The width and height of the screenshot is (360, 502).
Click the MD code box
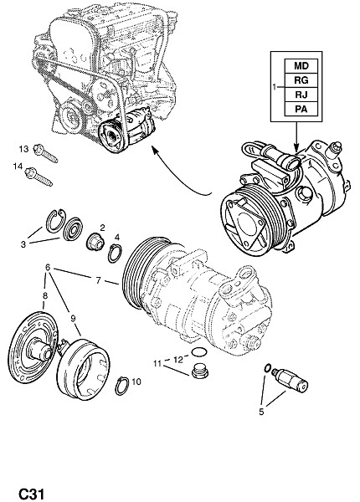[x=301, y=66]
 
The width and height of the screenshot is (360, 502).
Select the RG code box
[x=301, y=80]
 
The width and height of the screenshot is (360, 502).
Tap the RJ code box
[x=301, y=95]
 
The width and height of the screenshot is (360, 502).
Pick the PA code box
[x=301, y=109]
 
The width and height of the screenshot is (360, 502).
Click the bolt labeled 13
[x=45, y=153]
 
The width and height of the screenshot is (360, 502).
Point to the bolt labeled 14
[x=39, y=177]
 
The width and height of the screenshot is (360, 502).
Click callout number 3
[x=23, y=244]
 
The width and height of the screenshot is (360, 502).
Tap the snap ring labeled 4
[x=115, y=254]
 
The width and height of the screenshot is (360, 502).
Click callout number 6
[x=48, y=267]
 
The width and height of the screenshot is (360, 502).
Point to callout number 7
[x=98, y=280]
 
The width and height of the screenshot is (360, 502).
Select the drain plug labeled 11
[x=200, y=371]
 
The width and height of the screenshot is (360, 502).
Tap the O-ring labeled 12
[x=199, y=352]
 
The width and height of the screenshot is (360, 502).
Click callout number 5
[x=262, y=412]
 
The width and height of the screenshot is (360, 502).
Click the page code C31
[x=31, y=494]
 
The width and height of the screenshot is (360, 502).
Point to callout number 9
[x=73, y=318]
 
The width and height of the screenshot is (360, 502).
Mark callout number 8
[x=45, y=295]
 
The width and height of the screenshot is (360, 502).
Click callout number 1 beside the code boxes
[x=275, y=86]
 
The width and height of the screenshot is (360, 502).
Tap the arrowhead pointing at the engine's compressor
[x=155, y=150]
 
